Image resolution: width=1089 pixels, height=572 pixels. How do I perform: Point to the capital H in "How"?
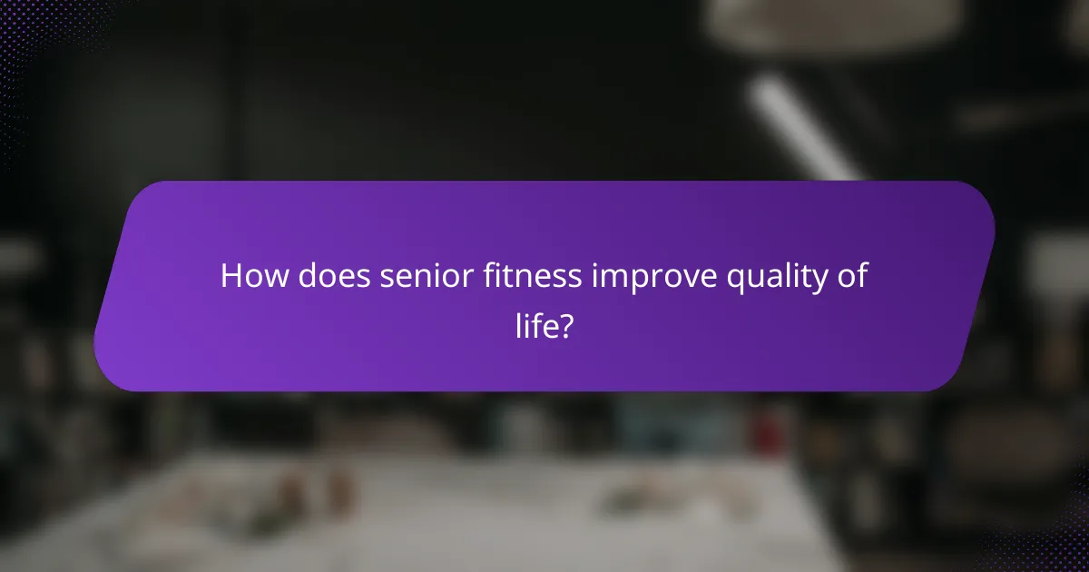(x=231, y=276)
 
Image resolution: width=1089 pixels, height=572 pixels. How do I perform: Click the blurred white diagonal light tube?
(x=802, y=127)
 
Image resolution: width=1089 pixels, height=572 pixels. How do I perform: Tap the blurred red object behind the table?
(x=772, y=423)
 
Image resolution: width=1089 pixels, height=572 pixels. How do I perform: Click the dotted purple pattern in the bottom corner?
(x=1044, y=545)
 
